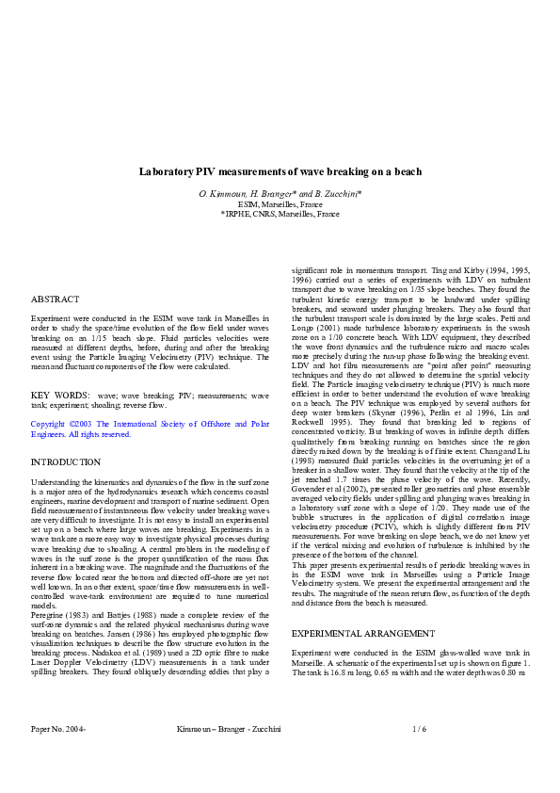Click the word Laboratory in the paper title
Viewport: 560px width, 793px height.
tap(167, 172)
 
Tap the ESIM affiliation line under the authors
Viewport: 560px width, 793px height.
tap(280, 204)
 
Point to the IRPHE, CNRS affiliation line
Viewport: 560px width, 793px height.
tap(280, 214)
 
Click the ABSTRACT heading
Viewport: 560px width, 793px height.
tap(56, 299)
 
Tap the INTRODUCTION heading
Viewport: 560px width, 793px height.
tap(66, 462)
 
